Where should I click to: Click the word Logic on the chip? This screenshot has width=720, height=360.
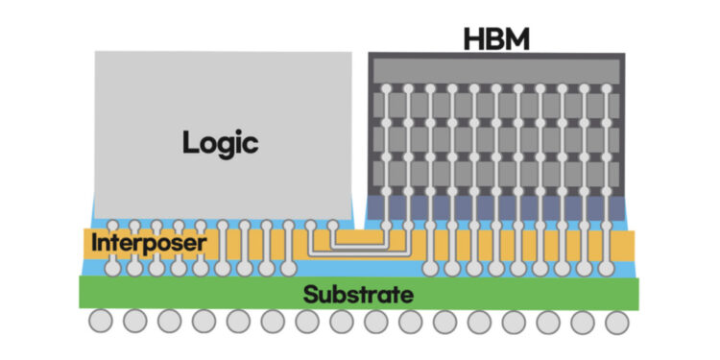click(x=221, y=144)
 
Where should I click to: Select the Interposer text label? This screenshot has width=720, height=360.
click(x=148, y=244)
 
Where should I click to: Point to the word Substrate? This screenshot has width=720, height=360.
click(x=358, y=295)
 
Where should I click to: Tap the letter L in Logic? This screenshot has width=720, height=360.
click(x=189, y=144)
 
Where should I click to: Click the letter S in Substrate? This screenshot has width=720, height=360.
click(x=310, y=295)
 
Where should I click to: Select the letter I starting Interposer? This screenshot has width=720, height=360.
click(x=94, y=244)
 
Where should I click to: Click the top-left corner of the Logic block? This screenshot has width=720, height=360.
click(x=96, y=52)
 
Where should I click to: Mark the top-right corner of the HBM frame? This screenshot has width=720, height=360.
click(x=624, y=56)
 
